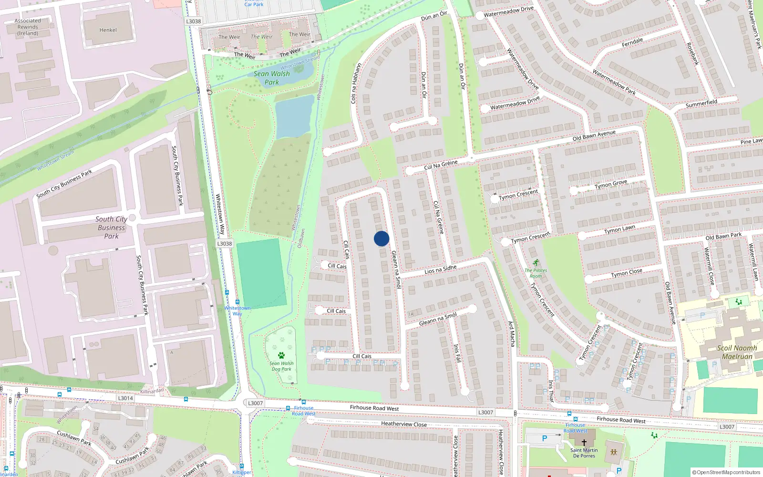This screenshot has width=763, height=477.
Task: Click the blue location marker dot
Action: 381,238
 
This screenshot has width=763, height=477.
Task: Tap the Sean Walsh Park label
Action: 271,78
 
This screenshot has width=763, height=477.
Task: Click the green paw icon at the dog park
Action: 281,355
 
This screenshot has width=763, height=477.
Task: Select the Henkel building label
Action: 108,30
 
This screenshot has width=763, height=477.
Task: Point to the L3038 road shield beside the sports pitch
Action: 225,244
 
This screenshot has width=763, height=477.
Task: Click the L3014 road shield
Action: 125,398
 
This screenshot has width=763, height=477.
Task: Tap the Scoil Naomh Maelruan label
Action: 737,352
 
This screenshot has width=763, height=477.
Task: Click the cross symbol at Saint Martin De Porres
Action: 584,442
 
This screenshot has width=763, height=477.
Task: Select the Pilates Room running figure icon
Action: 536,263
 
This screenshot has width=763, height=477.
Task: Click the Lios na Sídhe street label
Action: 440,270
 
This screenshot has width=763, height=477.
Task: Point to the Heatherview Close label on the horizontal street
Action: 404,424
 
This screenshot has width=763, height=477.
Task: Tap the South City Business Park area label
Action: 111,228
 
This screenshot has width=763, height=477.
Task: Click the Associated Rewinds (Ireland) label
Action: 28,27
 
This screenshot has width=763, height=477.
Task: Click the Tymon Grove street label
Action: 611,184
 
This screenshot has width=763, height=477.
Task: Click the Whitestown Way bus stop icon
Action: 237,302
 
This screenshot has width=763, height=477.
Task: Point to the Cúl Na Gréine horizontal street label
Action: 441,165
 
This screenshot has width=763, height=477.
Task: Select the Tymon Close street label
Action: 627,273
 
